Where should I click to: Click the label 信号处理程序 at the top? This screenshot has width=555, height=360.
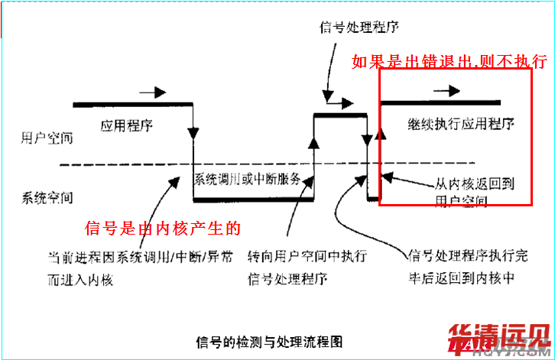tap(359, 28)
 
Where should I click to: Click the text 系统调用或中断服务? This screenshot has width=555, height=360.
tap(252, 180)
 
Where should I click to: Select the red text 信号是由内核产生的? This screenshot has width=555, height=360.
tap(164, 228)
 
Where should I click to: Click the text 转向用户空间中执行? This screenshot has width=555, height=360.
tap(307, 255)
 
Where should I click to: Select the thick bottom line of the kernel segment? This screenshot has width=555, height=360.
tap(253, 201)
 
